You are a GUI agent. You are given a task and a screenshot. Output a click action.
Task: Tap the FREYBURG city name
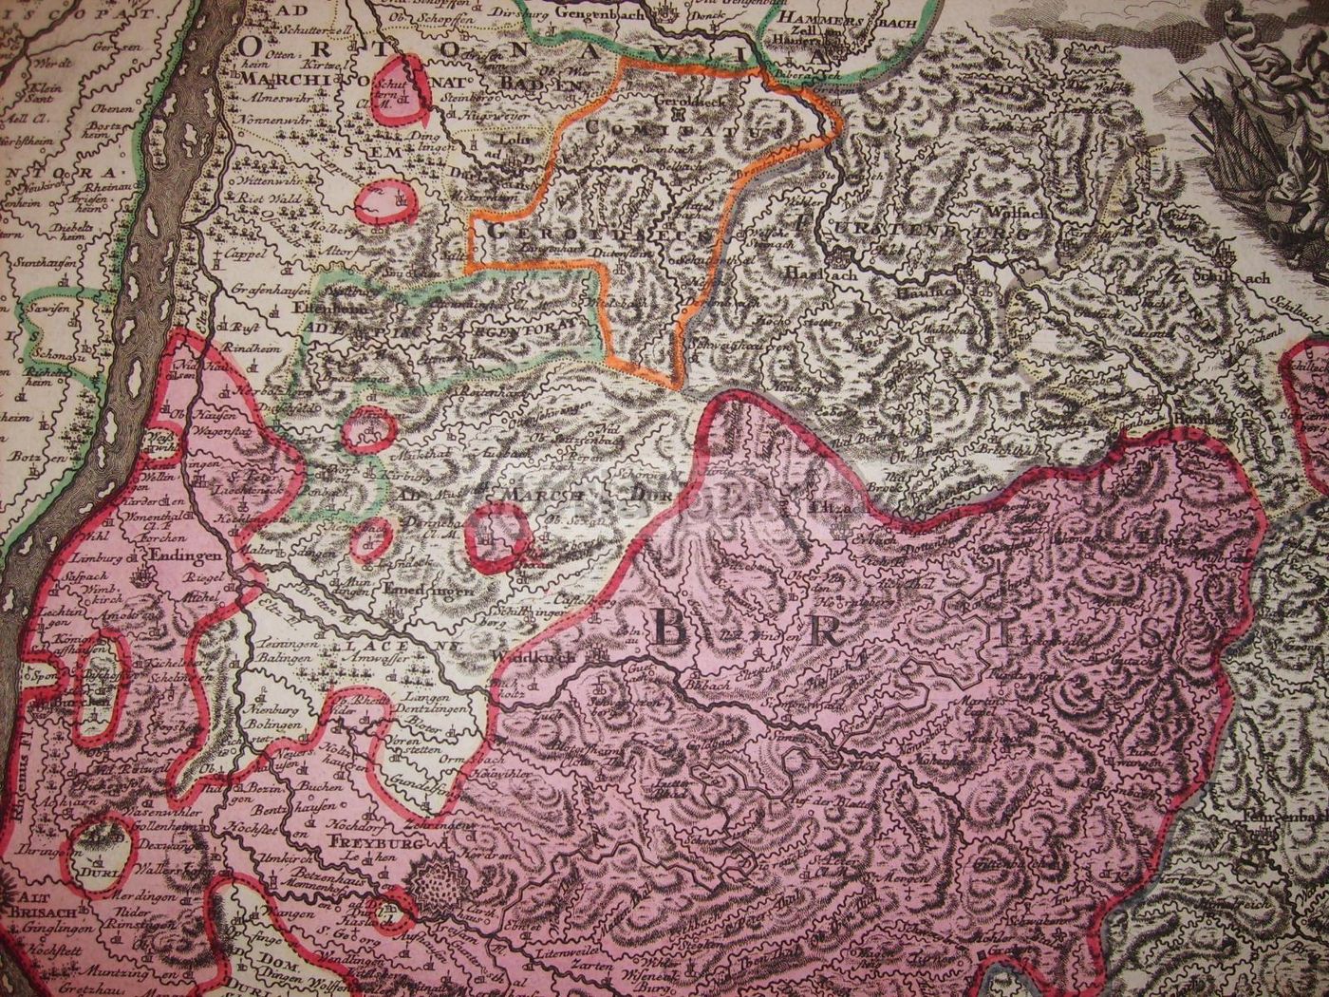click(x=355, y=840)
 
